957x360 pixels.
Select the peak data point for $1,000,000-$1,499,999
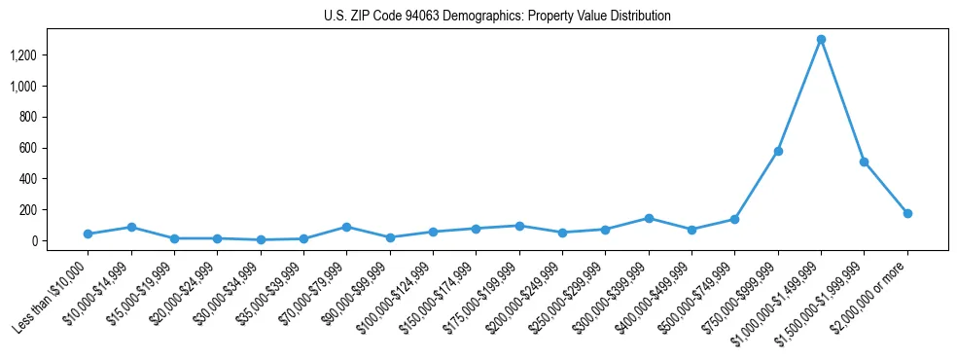(821, 40)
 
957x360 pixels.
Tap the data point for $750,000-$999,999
(778, 151)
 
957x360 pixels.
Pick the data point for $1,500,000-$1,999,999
(864, 162)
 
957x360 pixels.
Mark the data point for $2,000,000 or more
(907, 213)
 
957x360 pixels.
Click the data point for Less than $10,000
(88, 234)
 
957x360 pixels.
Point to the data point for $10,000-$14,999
(131, 227)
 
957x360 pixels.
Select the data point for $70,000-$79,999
(346, 227)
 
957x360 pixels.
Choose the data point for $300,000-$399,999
(649, 218)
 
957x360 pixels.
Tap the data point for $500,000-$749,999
(735, 219)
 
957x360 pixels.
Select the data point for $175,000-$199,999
(519, 226)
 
